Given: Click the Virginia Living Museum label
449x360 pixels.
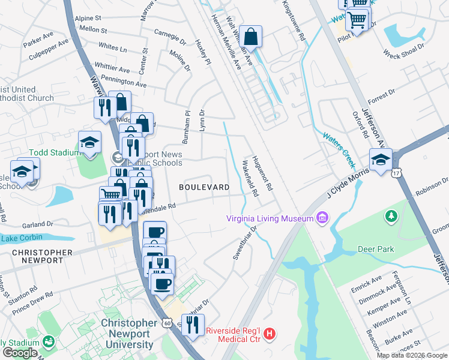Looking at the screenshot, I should coord(270,218).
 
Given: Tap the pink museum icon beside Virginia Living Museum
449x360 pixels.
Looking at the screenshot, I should coord(322,217).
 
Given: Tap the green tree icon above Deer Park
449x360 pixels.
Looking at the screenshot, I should coord(391,215).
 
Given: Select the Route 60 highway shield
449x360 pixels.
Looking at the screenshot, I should coord(167,323).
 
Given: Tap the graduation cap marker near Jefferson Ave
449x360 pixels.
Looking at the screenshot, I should coord(381,160).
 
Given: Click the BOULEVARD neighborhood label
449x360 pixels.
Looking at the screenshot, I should coord(204,187).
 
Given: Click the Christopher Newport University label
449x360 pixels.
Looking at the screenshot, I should coord(127,333).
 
